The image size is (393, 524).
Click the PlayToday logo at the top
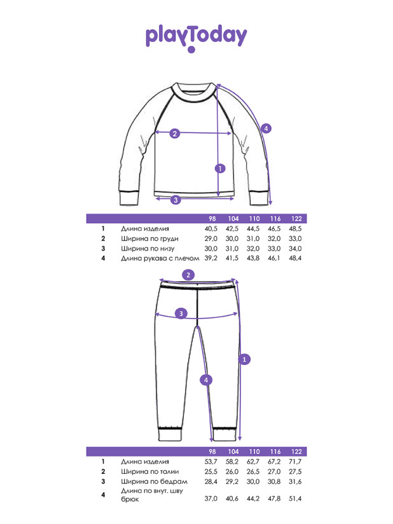196,38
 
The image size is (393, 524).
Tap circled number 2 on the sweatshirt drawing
175,134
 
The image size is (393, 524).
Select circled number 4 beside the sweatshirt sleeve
266,128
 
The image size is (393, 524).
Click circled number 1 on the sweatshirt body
220,169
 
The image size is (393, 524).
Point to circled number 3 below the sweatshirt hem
176,200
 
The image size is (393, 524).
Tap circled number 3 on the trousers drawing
181,314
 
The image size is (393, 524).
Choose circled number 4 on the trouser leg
206,380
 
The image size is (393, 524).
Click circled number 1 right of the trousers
244,359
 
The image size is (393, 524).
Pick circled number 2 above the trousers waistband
188,275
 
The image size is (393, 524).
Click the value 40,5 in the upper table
211,229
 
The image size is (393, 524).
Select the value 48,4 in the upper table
295,258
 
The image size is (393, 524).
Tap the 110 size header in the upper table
254,219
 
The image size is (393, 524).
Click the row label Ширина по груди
149,239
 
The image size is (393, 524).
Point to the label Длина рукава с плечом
160,258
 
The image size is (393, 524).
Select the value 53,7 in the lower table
211,462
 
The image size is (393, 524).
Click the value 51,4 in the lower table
295,499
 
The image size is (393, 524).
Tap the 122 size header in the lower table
296,452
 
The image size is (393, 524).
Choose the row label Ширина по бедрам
154,481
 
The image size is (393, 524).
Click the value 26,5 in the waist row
253,472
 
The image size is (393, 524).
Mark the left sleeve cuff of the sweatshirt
129,198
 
